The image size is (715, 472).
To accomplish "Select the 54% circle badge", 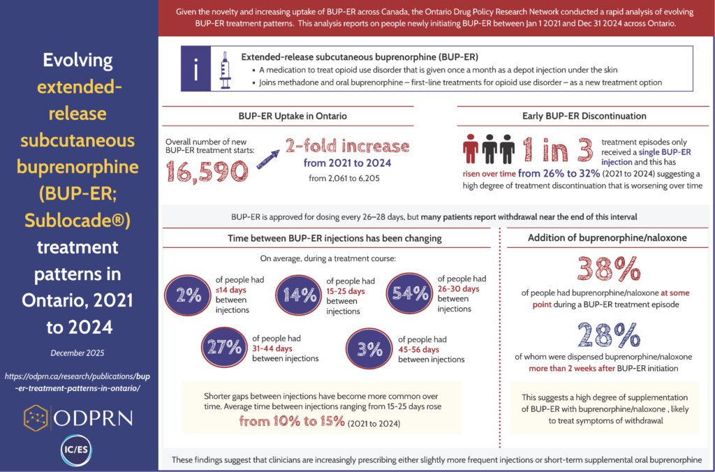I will click(x=409, y=293).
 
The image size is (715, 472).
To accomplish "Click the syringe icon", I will click(x=225, y=70).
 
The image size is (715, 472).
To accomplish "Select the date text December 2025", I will click(x=78, y=353).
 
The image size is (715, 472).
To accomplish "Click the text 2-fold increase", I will click(x=346, y=146).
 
